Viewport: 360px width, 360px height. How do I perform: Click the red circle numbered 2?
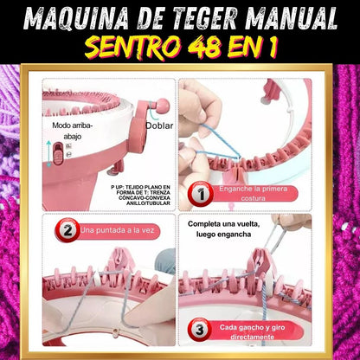click(67, 230)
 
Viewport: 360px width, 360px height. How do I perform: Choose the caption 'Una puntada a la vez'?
click(118, 230)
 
